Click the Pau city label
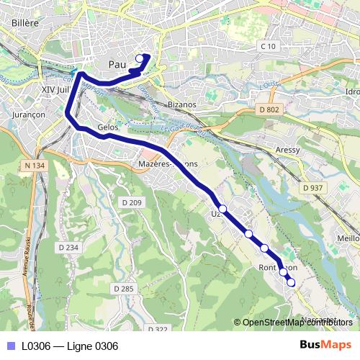[x=117, y=65]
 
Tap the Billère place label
[x=21, y=42]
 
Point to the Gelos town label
[x=107, y=127]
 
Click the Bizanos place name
[x=181, y=104]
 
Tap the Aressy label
[x=287, y=152]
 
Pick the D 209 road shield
[x=132, y=204]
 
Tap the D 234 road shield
[x=67, y=247]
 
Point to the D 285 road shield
[x=124, y=289]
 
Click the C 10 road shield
[x=268, y=47]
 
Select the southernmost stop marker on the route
[x=291, y=283]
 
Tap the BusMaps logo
[x=325, y=346]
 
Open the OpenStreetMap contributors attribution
[x=296, y=323]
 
